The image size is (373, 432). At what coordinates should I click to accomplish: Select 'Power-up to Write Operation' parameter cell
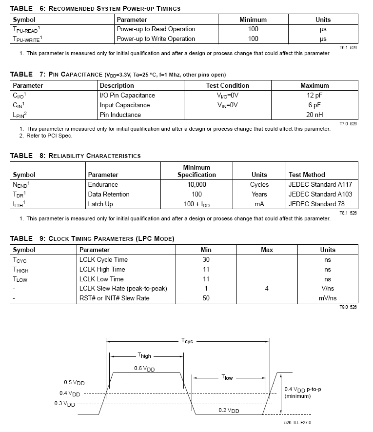coord(156,39)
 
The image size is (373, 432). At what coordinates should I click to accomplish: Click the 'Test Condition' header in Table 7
coord(228,86)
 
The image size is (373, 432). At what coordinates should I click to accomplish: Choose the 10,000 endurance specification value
coord(196,185)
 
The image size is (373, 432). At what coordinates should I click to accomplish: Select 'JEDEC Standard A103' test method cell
coord(320,195)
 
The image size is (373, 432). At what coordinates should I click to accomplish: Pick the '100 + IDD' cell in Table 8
coord(196,204)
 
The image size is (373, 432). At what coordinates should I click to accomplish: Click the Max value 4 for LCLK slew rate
coord(267,289)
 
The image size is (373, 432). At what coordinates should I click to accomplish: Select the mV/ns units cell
coord(328,298)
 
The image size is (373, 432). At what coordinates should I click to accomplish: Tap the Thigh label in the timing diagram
coord(144,356)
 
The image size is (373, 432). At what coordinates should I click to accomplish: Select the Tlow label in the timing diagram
coord(228,377)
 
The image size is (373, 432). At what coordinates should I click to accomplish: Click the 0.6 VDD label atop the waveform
coord(144,369)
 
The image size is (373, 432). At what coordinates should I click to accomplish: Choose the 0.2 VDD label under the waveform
coord(229,411)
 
